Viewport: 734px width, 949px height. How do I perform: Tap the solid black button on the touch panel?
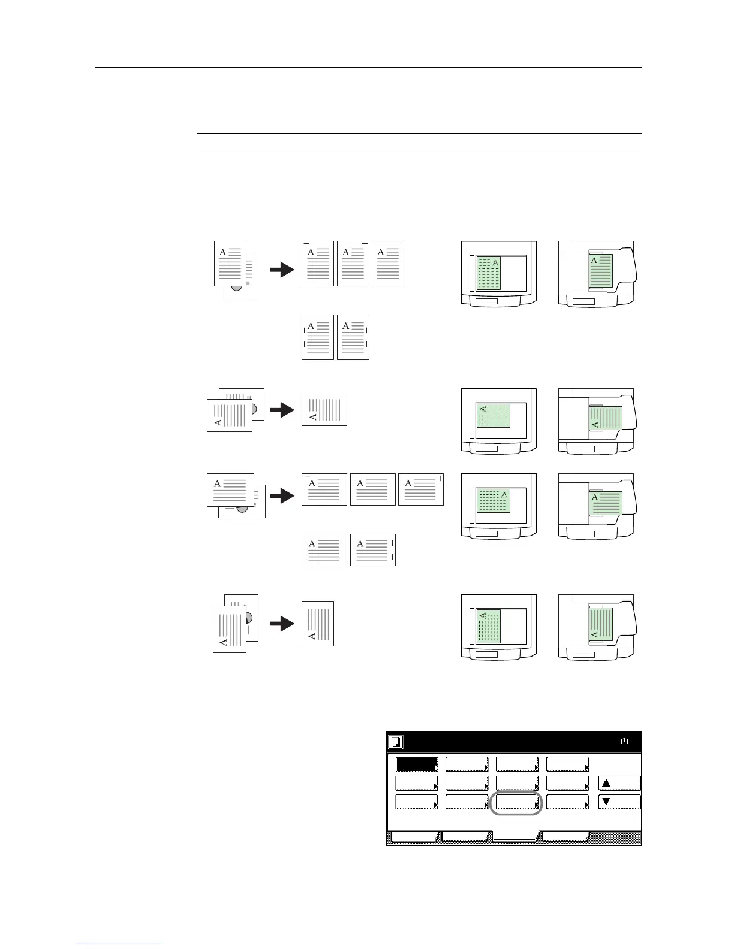click(416, 765)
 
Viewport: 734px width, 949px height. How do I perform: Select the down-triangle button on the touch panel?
click(619, 802)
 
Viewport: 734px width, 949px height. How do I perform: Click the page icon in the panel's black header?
click(396, 742)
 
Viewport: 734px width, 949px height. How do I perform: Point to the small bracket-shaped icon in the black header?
click(624, 742)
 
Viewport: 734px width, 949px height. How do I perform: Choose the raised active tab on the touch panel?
click(516, 838)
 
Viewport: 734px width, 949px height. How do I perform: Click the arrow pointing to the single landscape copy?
click(282, 410)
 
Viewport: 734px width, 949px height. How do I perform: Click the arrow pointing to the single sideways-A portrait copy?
click(282, 624)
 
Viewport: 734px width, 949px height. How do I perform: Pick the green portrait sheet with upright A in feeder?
click(601, 273)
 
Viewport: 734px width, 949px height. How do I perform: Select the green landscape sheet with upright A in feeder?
click(606, 503)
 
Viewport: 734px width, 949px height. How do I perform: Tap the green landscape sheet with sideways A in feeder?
click(606, 418)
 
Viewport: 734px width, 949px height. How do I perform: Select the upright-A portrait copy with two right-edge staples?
click(353, 337)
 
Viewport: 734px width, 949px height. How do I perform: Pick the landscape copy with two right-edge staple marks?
click(372, 550)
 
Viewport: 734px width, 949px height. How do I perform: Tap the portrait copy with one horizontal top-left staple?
click(317, 264)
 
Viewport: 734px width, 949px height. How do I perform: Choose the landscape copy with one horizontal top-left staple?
click(324, 489)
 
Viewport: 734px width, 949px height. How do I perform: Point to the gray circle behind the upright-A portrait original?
click(237, 286)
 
